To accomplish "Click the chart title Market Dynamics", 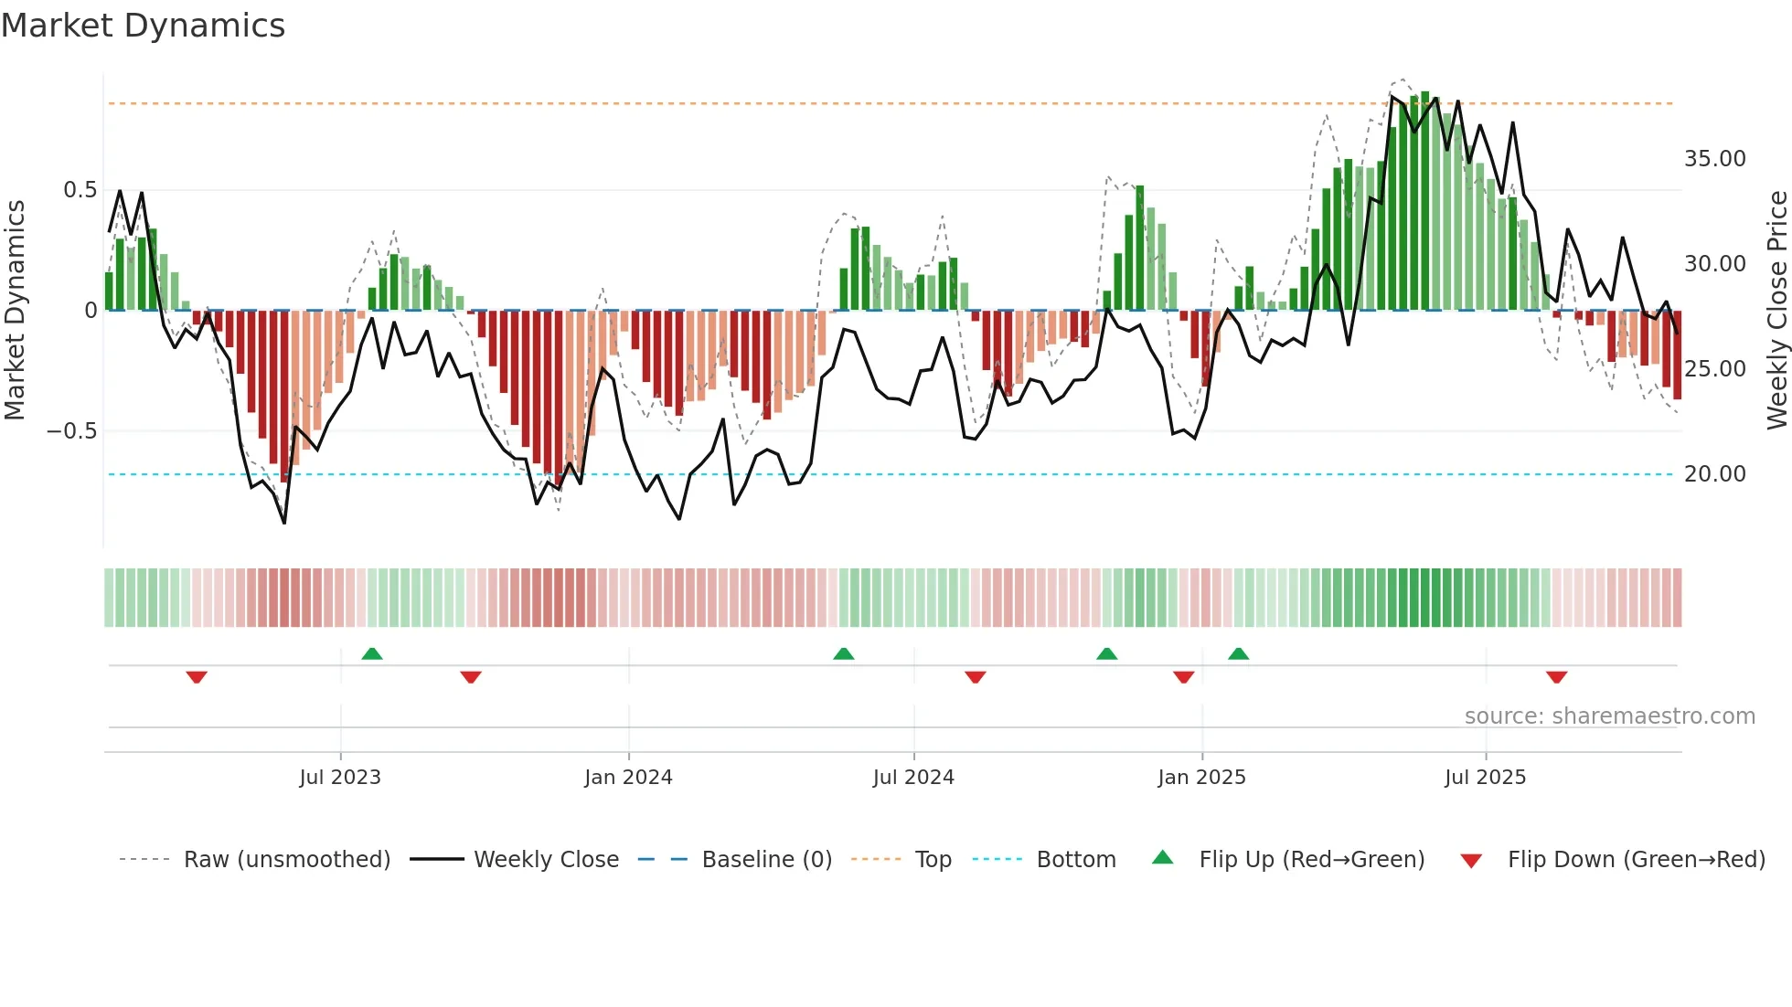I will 143,26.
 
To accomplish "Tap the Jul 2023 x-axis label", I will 339,778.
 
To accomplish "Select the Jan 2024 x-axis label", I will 628,778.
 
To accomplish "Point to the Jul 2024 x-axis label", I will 913,778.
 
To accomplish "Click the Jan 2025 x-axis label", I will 1201,778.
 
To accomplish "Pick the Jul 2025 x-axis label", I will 1485,778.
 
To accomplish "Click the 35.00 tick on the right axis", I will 1714,159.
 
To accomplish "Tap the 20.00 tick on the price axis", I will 1714,474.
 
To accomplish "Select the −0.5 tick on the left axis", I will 72,431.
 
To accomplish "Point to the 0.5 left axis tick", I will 80,190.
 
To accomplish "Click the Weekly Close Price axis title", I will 1776,311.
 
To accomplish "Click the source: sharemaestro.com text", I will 1609,716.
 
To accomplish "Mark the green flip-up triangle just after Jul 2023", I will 372,653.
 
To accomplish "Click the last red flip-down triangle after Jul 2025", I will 1557,677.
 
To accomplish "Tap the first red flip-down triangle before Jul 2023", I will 197,677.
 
